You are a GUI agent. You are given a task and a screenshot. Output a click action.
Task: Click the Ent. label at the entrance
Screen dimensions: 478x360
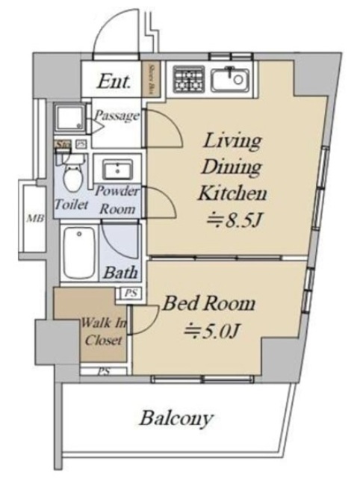point(117,81)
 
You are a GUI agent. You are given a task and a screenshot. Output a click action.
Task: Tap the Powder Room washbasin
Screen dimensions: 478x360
point(117,168)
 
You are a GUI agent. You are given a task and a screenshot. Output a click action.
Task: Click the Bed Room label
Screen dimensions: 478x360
point(210,304)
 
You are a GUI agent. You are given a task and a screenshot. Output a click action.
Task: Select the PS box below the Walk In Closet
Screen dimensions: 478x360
point(104,371)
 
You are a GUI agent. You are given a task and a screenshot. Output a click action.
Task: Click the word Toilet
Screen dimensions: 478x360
point(72,204)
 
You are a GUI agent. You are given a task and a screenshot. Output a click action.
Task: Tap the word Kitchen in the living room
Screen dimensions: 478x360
point(232,193)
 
